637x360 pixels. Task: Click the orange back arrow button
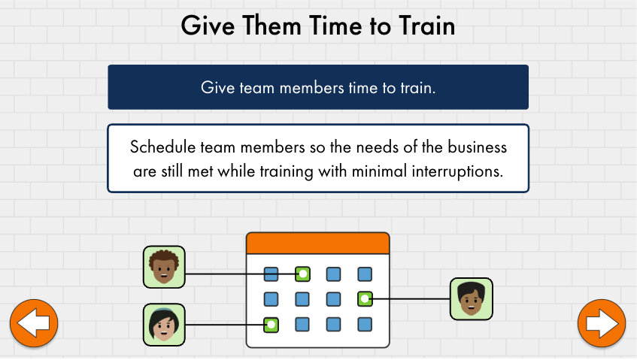tap(34, 323)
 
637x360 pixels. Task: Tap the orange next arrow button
tap(602, 323)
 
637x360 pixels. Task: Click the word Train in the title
tap(426, 26)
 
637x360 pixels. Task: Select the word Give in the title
tap(208, 26)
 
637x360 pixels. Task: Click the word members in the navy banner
tap(311, 88)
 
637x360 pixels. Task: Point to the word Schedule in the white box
tap(162, 147)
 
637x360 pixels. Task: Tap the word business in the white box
tap(478, 147)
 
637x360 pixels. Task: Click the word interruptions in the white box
tap(457, 171)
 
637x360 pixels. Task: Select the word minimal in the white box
tap(379, 171)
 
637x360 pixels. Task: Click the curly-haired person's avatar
tap(164, 267)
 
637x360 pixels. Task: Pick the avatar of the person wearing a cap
tap(164, 325)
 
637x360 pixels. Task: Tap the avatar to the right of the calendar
tap(472, 299)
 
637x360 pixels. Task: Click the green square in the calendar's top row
tap(302, 274)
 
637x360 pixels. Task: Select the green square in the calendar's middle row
tap(365, 299)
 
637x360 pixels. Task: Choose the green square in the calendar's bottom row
tap(271, 325)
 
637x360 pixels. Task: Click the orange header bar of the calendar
tap(317, 244)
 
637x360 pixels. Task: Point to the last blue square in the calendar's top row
tap(365, 274)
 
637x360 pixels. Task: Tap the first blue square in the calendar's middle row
tap(271, 299)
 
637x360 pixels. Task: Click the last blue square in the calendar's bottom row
tap(365, 325)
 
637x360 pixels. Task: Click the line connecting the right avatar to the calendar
tap(411, 299)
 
